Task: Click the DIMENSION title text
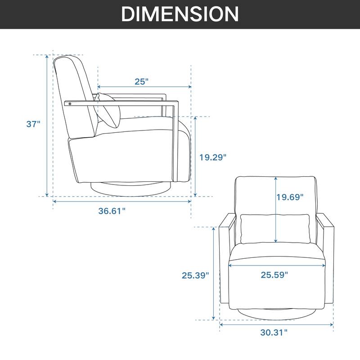180,14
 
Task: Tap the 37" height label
33,124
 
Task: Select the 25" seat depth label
141,81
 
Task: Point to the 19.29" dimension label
213,157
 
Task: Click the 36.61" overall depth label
112,211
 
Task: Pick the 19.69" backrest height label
290,197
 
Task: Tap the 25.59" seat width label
274,275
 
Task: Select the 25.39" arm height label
195,275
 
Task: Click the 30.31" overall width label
274,333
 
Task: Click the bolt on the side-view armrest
70,104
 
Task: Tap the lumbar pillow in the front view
275,229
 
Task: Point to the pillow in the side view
109,111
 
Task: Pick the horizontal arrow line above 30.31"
276,323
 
